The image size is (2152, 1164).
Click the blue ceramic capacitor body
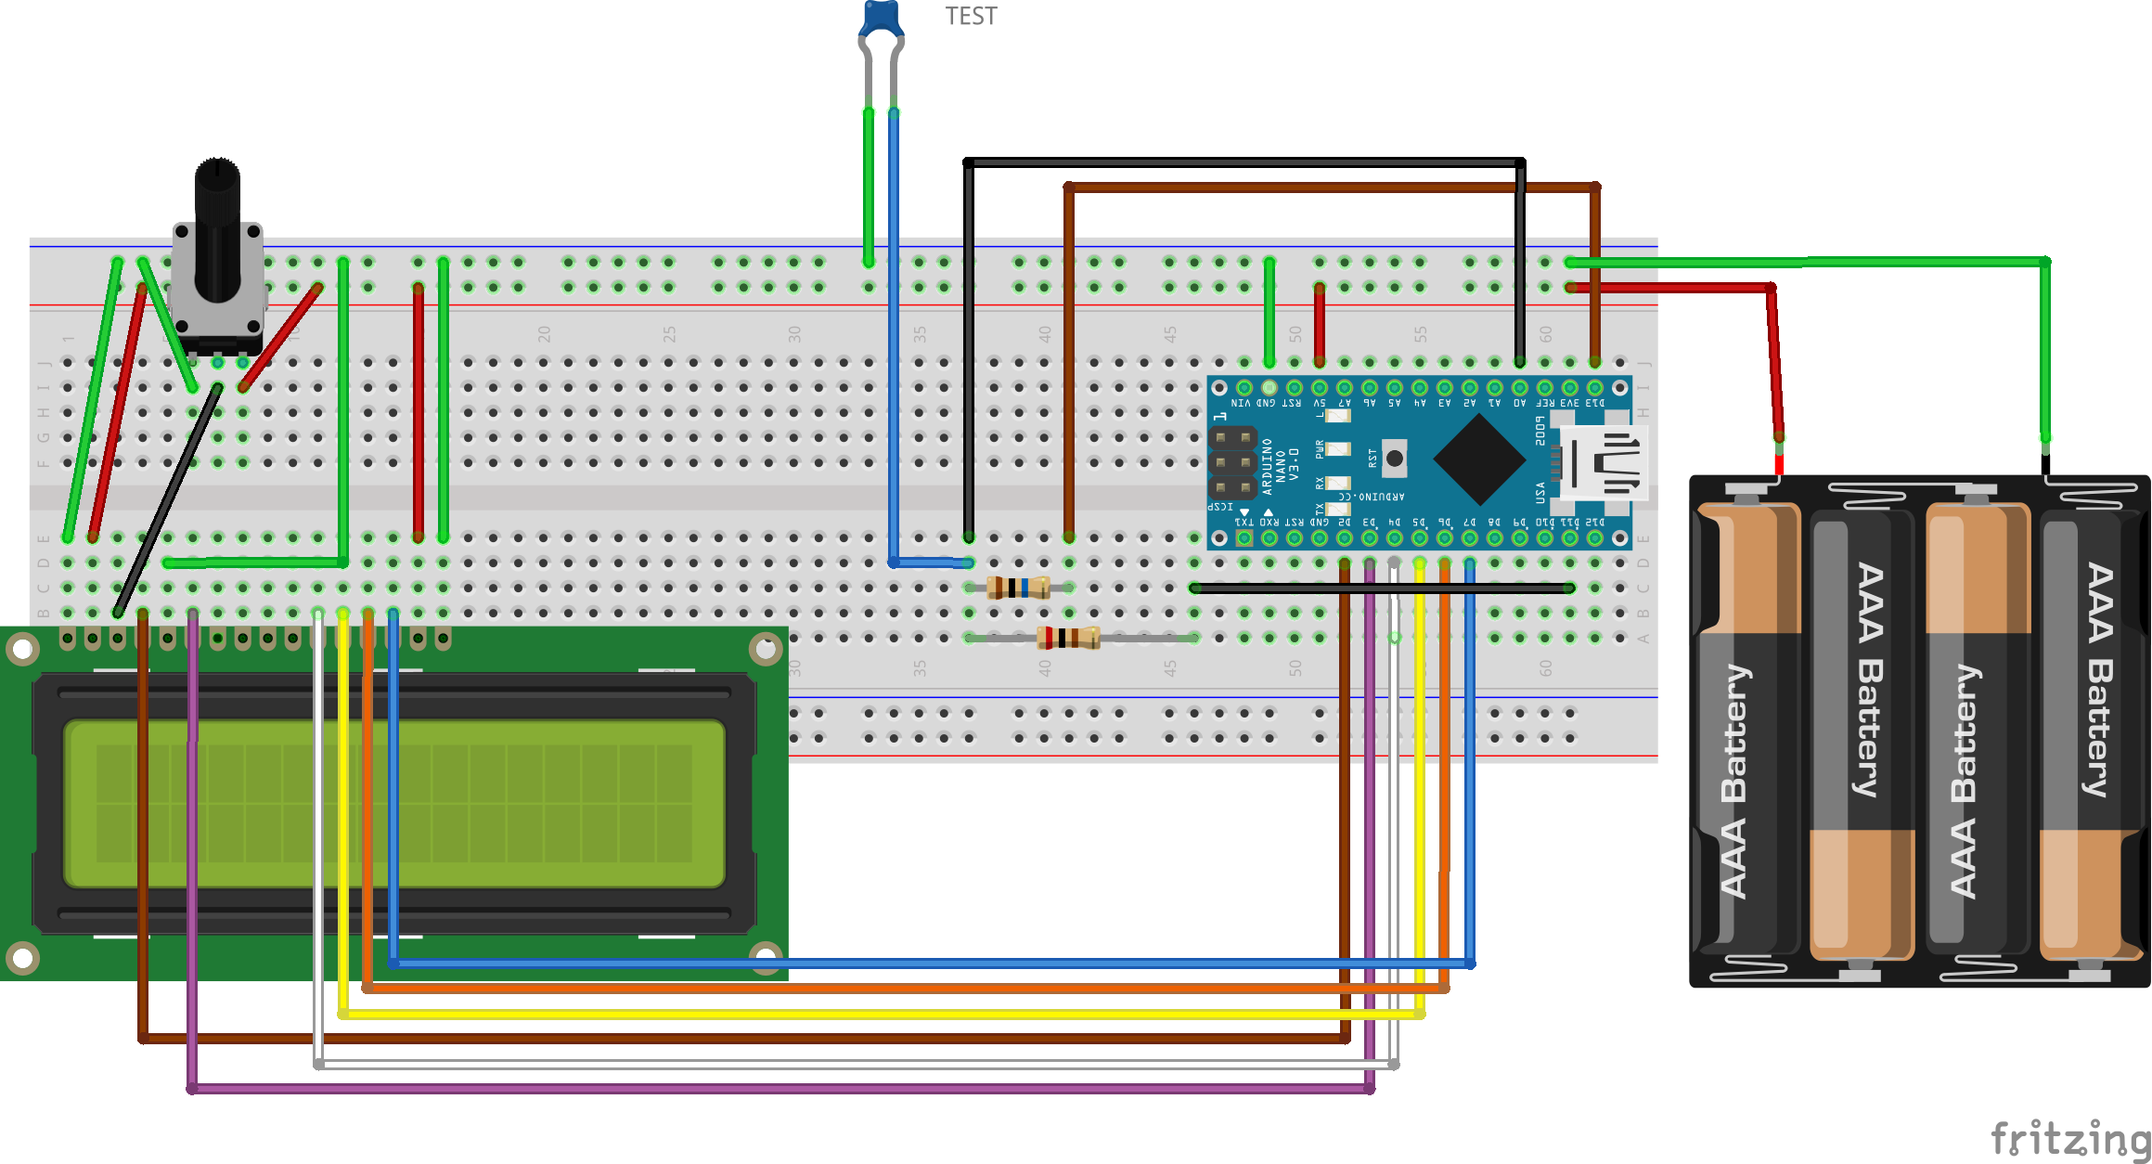(881, 18)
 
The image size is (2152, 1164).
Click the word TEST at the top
(971, 16)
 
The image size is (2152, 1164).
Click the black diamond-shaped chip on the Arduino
(1479, 459)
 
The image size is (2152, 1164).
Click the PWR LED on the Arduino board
(1337, 449)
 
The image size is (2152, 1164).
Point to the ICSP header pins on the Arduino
(1232, 461)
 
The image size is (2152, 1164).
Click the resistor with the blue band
(1018, 588)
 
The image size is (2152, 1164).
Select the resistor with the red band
(1067, 638)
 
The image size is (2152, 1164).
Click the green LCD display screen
(393, 803)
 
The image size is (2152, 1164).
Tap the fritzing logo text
(2069, 1137)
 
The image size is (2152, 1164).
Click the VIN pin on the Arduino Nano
(1244, 387)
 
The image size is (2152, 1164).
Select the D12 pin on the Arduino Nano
(1594, 537)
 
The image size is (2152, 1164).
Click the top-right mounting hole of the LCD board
(766, 649)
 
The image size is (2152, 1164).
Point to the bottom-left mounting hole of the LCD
(22, 957)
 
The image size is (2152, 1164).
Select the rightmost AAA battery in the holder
(2092, 733)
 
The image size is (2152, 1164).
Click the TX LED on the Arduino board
(1337, 508)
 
